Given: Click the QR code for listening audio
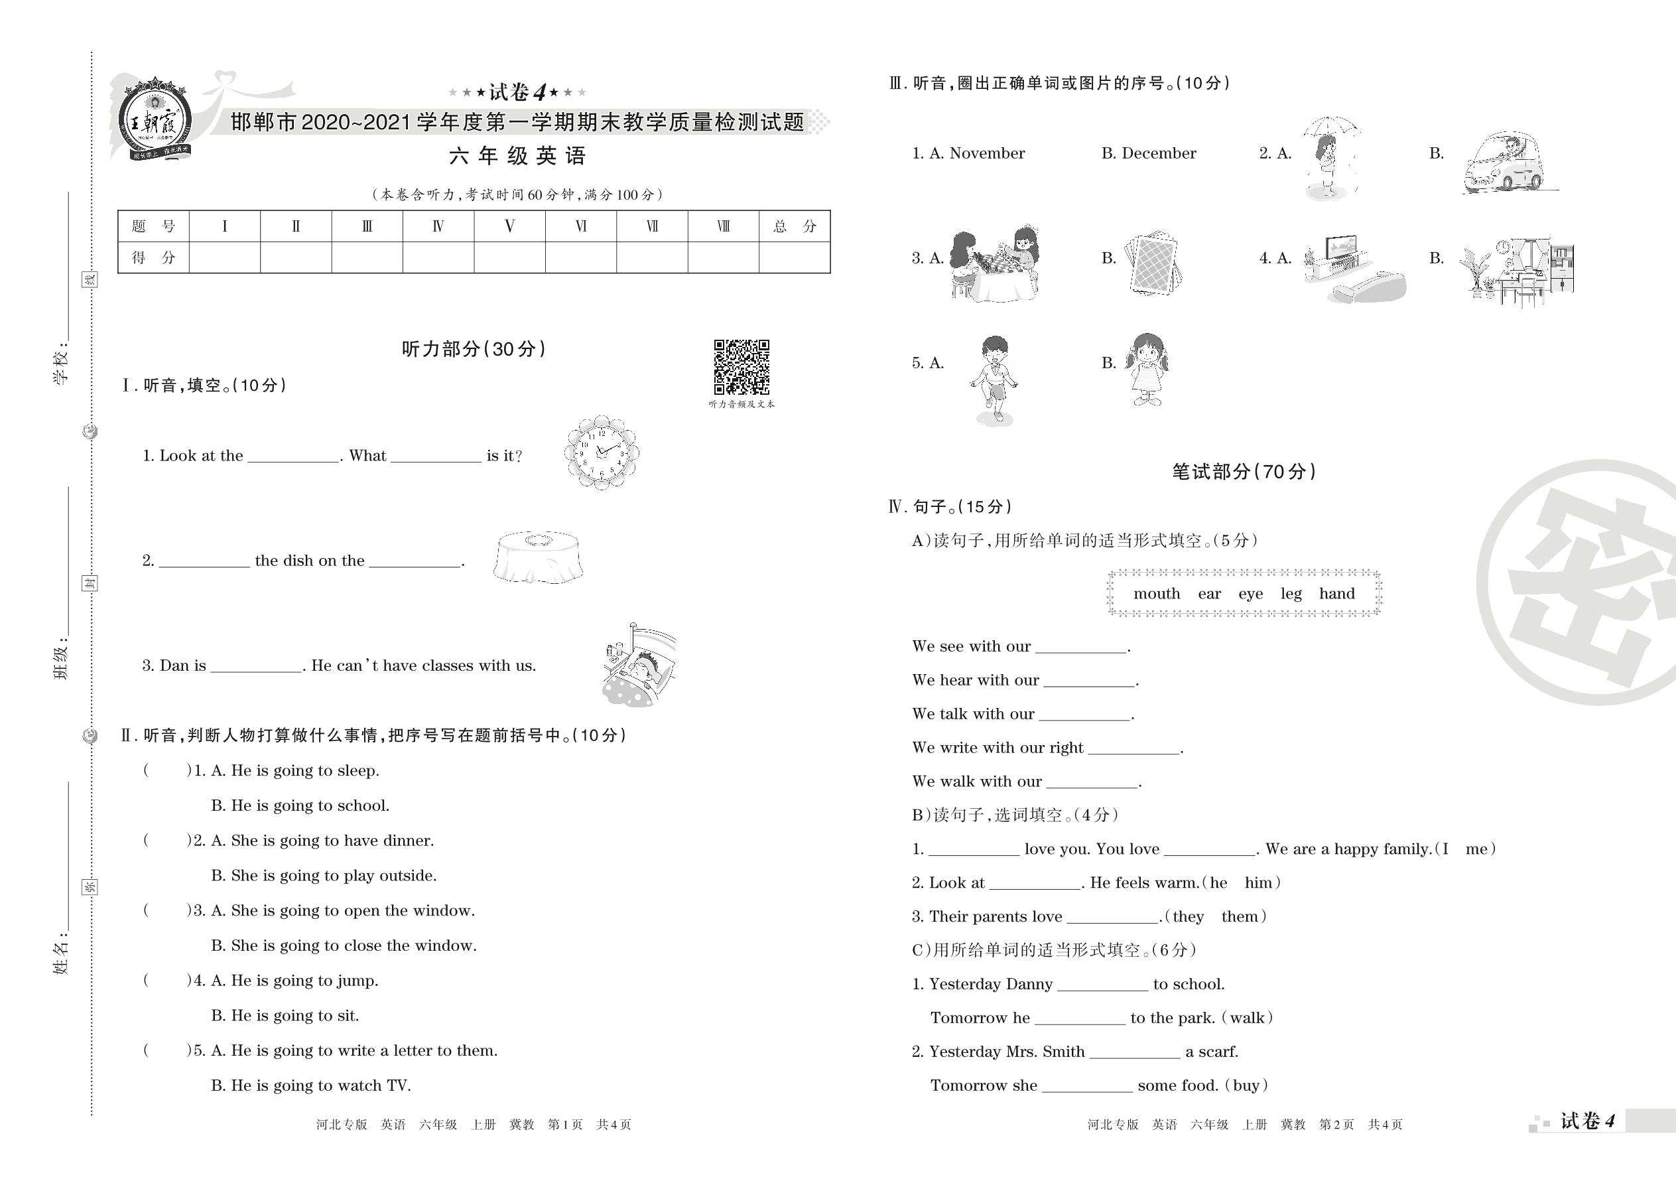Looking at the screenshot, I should (741, 366).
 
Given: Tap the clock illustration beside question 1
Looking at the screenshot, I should (602, 453).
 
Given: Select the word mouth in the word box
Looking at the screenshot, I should (1156, 593).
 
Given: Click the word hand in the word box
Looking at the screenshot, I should (1336, 593).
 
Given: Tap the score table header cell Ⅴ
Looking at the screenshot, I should (509, 226).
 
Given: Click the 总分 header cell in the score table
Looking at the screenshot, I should (794, 226).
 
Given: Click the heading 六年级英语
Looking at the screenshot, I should (517, 156).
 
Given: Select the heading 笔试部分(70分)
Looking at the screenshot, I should (1244, 472).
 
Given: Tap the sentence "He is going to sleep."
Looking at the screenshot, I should (304, 770).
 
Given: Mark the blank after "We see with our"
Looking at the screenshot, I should (1080, 648).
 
